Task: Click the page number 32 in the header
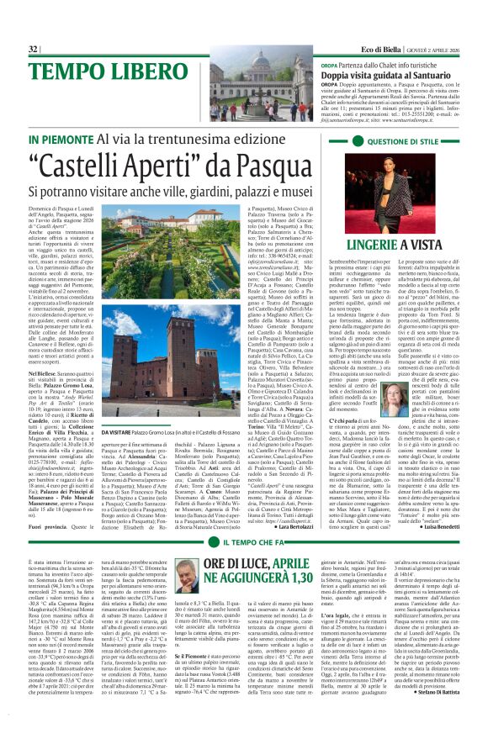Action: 34,50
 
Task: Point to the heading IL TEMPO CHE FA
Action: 247,496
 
